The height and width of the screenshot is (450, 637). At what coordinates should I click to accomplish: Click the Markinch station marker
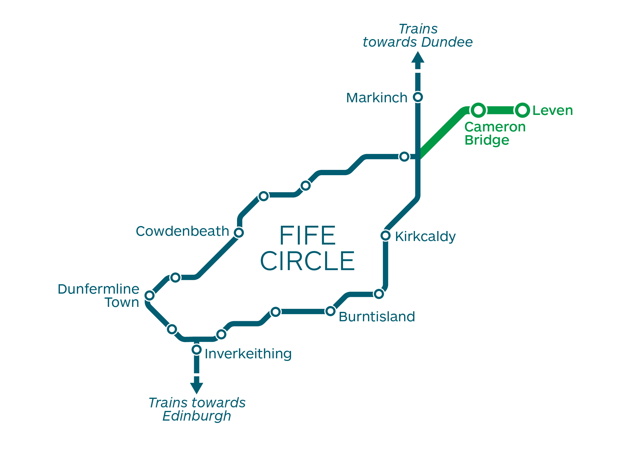tap(418, 97)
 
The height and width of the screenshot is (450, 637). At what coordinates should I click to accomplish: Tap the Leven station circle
tap(522, 111)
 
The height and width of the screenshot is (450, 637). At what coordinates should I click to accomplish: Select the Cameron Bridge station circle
tap(478, 111)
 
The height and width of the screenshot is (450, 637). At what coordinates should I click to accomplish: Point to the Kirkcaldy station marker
tap(385, 235)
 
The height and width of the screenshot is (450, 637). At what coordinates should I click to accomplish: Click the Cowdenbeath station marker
tap(239, 232)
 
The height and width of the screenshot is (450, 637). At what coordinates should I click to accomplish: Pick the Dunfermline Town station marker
tap(149, 295)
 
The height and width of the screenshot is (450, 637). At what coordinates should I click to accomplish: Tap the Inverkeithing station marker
tap(196, 350)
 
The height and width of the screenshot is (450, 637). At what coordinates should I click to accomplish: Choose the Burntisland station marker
tap(330, 311)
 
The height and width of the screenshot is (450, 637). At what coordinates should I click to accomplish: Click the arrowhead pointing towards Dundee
tap(418, 57)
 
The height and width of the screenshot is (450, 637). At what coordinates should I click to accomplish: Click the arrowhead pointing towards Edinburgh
tap(196, 388)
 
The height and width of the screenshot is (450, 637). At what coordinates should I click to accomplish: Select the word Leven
tap(552, 111)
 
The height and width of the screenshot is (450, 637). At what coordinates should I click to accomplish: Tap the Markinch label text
tap(377, 98)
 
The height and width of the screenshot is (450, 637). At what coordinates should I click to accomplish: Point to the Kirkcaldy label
tap(425, 237)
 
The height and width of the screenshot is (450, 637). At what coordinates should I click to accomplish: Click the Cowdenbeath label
tap(182, 231)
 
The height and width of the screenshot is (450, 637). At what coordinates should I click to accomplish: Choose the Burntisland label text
tap(377, 317)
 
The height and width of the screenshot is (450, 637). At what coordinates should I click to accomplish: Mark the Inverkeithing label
tap(248, 354)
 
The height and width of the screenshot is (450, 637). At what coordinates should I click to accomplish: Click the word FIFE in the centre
tap(307, 235)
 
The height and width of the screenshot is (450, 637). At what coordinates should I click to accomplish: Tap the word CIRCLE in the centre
tap(307, 261)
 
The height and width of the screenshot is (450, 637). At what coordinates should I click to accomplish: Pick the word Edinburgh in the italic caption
tap(196, 416)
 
